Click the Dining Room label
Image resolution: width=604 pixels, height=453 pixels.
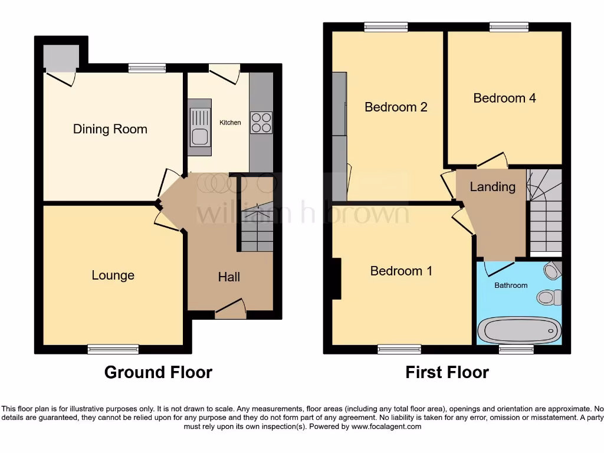click(110, 129)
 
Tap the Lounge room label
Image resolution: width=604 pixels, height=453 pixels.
click(113, 275)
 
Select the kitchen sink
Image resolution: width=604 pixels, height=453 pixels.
click(199, 127)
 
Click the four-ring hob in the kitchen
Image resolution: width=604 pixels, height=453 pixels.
click(261, 123)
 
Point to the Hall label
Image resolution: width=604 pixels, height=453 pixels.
click(229, 277)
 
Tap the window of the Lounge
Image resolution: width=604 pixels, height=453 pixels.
click(113, 349)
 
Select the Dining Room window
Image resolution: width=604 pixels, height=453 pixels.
click(147, 68)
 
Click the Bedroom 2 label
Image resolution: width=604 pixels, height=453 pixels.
click(396, 107)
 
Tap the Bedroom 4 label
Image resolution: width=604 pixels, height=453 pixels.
click(504, 98)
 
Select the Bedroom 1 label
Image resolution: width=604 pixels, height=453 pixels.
click(401, 271)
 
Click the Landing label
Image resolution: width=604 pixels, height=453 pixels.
click(493, 187)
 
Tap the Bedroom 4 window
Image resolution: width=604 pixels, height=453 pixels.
click(508, 27)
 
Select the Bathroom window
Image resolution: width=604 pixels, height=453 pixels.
click(516, 349)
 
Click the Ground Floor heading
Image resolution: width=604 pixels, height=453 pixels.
click(158, 372)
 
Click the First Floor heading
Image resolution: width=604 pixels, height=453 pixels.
click(447, 372)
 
